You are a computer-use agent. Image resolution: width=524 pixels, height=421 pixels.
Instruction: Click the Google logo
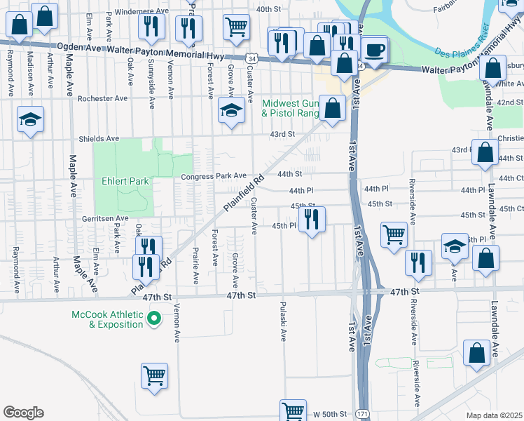[x=23, y=413]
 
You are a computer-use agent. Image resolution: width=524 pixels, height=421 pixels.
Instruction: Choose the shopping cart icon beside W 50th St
[x=293, y=410]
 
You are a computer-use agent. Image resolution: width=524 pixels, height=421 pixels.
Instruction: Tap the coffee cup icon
[x=375, y=50]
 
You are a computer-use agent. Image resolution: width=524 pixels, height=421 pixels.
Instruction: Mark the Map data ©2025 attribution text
[x=494, y=415]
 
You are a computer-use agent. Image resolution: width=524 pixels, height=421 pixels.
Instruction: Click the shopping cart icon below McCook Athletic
[x=154, y=375]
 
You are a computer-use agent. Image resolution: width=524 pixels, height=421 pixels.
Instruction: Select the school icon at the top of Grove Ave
[x=230, y=110]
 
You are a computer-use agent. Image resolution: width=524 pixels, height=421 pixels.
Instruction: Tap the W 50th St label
[x=329, y=414]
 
